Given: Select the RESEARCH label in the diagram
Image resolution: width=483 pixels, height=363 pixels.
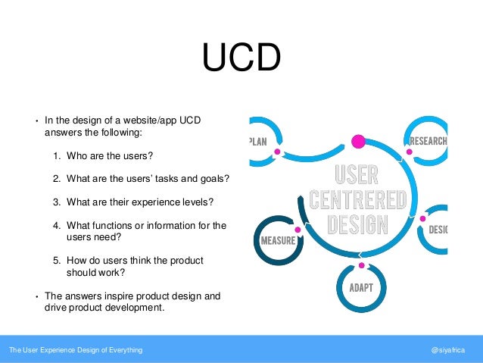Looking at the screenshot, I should tap(428, 141).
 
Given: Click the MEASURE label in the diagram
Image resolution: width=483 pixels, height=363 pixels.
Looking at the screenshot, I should tap(276, 241).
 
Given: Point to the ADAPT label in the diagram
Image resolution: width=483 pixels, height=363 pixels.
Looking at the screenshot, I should tap(361, 289).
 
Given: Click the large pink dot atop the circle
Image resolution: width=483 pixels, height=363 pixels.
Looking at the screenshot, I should tap(359, 141).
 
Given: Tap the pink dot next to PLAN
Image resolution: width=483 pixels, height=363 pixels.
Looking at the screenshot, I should tap(278, 152).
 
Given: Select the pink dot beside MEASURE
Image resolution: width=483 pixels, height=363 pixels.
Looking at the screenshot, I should tap(298, 230).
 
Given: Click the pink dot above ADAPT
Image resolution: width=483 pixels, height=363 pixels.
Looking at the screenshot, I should tap(361, 265).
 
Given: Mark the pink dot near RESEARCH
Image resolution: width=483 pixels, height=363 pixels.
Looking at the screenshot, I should tap(410, 152).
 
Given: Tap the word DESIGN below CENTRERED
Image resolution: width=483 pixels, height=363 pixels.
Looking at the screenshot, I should tap(360, 224).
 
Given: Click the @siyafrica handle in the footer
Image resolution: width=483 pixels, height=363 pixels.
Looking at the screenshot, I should tap(450, 350).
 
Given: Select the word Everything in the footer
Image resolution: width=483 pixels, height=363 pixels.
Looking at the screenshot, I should tap(124, 350).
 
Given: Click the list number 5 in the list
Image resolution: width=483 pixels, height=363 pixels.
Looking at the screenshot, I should tap(57, 261).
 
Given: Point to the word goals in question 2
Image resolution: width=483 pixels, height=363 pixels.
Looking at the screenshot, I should tap(213, 179).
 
